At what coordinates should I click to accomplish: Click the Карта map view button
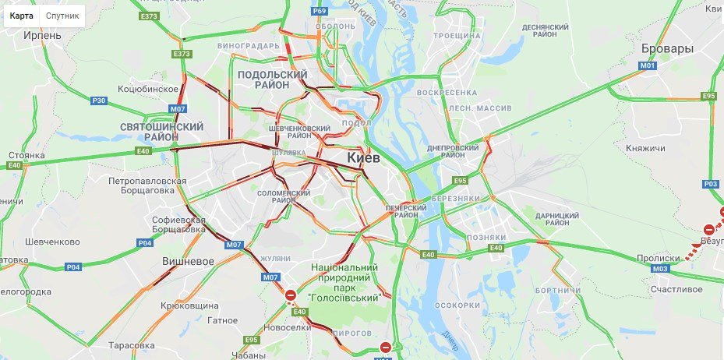[x=21, y=16]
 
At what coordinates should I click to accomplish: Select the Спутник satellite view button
[x=62, y=16]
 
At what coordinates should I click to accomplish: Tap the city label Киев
[x=362, y=158]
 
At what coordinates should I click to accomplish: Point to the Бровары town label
[x=666, y=48]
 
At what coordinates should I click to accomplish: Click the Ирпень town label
[x=43, y=35]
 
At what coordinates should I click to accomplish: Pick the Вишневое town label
[x=188, y=261]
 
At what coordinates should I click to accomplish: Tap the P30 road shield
[x=99, y=101]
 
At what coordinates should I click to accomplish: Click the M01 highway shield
[x=648, y=66]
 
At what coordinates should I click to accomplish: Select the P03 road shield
[x=710, y=184]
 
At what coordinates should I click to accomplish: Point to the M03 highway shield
[x=659, y=269]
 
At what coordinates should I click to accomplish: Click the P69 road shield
[x=318, y=11]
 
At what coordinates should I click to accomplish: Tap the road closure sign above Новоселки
[x=291, y=295]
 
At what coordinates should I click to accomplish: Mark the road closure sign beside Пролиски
[x=708, y=230]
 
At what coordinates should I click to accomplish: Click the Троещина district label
[x=456, y=36]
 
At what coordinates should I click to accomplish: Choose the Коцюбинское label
[x=148, y=89]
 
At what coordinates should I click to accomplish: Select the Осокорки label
[x=456, y=305]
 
